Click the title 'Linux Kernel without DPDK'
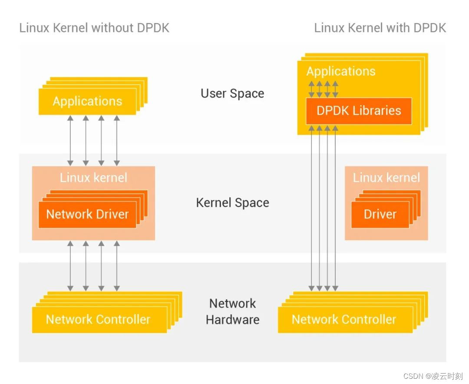(x=94, y=28)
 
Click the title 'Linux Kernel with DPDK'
(x=380, y=28)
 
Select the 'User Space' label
(x=232, y=93)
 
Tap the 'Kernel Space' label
(x=232, y=203)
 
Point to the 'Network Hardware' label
(x=232, y=311)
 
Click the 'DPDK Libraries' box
(x=359, y=111)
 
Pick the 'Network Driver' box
(x=87, y=215)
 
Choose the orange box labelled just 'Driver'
(x=380, y=215)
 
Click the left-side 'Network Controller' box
(x=98, y=320)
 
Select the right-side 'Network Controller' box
(x=344, y=320)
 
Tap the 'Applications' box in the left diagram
(x=87, y=102)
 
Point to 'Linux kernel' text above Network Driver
(x=93, y=178)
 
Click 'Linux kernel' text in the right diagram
(x=386, y=178)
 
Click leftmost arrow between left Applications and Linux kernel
(x=70, y=140)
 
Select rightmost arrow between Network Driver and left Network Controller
(x=116, y=265)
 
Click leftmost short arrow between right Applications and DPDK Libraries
(x=311, y=89)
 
